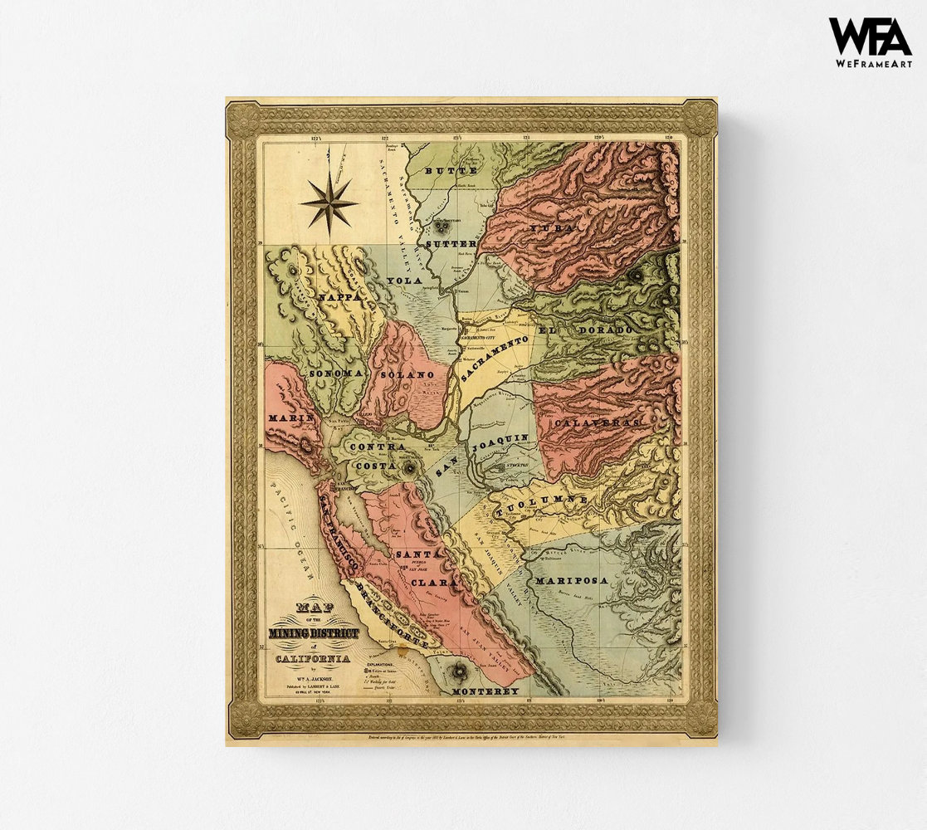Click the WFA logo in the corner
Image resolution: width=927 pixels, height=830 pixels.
pos(870,37)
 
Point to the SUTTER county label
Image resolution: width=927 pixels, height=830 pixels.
pos(451,244)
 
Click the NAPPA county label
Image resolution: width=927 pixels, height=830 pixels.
pos(339,295)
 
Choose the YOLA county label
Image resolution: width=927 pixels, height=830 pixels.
pos(405,281)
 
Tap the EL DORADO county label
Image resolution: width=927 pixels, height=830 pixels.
pos(586,330)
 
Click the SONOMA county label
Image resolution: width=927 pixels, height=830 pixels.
pos(335,374)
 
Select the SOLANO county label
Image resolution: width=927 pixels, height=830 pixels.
pos(407,375)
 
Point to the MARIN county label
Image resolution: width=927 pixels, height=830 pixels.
pos(290,417)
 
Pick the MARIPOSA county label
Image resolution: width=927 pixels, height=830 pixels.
pos(571,580)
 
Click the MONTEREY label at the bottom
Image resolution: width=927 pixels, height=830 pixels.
pos(485,691)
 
